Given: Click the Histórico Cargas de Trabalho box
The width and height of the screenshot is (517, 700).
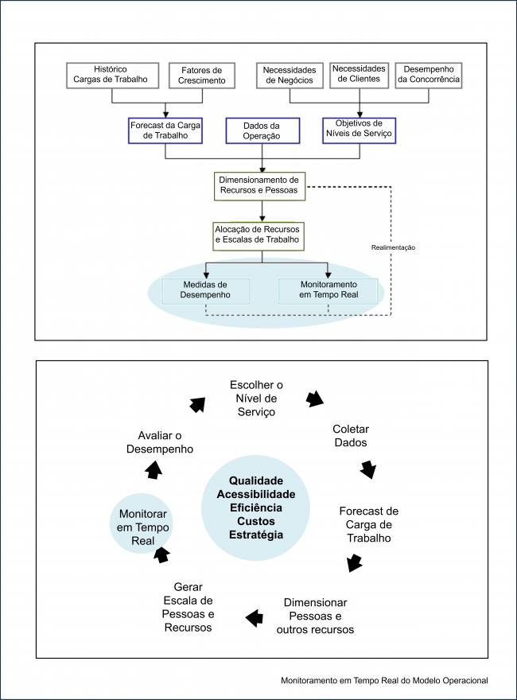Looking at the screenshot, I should pos(111,75).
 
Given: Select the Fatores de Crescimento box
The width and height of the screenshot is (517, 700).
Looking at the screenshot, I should pos(201,75).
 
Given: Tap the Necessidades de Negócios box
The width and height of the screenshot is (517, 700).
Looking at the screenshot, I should pos(290,76).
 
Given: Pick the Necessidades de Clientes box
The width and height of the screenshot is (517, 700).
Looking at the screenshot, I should pos(359,75).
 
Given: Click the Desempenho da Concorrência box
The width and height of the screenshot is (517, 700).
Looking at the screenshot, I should pos(429,75).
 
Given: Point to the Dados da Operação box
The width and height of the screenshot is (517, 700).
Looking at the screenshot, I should pos(262,130).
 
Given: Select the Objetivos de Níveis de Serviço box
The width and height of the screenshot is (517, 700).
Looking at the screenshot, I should pos(360,130).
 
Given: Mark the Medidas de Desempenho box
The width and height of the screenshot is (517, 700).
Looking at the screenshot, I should pos(205,290).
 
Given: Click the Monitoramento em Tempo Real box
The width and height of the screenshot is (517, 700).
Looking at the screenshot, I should pos(328,290).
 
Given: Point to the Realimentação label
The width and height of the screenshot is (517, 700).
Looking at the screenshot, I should pos(393,247).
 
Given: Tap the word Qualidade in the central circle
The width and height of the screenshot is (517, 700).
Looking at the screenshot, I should pos(255,480).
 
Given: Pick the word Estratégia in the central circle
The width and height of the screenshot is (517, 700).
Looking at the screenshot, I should pos(255,535).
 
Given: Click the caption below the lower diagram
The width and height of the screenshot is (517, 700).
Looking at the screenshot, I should pos(384,681).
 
